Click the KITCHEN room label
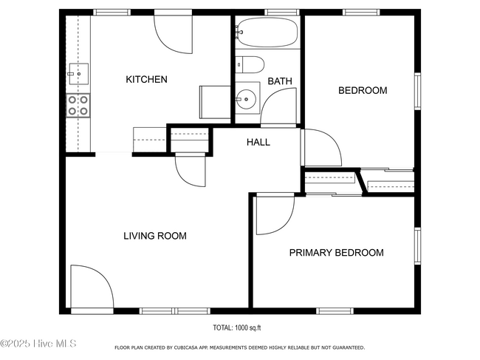coord(147,79)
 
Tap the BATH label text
coord(280,81)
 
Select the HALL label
coord(258,142)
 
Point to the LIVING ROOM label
coord(155,236)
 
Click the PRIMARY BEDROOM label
coord(337,253)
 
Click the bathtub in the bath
coord(267,33)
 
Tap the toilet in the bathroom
coord(250,64)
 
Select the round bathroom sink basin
coord(247,99)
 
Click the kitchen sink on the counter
coord(79,74)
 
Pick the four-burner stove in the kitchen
coord(78,106)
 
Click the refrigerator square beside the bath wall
coord(215,102)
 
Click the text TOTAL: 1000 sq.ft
coord(237,327)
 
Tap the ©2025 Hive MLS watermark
coord(38,344)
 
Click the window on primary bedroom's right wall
coord(417,246)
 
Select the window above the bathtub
coord(282,13)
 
